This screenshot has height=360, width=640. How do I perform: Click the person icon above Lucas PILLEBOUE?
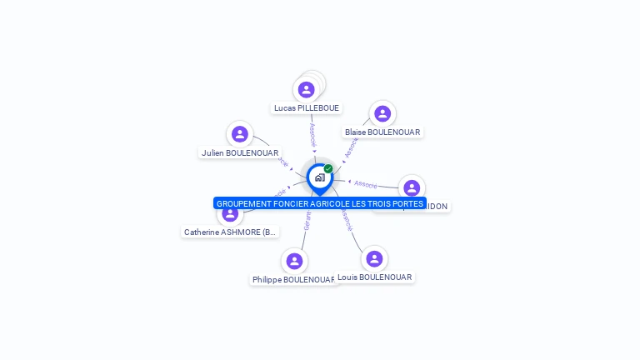click(x=307, y=89)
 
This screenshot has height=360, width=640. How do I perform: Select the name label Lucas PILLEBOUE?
click(x=307, y=108)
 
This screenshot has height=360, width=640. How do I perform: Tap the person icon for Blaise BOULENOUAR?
click(x=382, y=113)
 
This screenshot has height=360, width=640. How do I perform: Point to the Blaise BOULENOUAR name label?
click(x=382, y=132)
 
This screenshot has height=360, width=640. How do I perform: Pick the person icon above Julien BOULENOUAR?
click(x=240, y=133)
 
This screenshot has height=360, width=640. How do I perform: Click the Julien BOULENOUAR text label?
click(x=240, y=153)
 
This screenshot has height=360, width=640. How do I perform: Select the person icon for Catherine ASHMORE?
click(x=229, y=214)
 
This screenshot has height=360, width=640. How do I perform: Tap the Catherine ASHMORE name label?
click(x=230, y=232)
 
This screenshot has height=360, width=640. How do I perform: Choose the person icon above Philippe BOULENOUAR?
click(x=293, y=261)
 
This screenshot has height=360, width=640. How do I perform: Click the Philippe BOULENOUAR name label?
click(x=293, y=280)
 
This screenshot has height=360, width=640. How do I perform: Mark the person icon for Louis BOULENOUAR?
click(x=374, y=258)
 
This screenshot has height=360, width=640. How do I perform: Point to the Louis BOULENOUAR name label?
click(x=375, y=277)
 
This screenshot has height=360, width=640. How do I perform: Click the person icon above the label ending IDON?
click(x=411, y=187)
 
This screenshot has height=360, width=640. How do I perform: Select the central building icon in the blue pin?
click(x=319, y=177)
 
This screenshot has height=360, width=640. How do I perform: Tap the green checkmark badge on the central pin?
click(x=328, y=168)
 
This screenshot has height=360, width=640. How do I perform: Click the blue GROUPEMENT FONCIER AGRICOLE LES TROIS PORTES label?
click(x=320, y=203)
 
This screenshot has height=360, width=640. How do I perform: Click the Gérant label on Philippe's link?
click(x=306, y=221)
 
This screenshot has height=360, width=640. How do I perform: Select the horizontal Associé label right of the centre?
click(x=366, y=183)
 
